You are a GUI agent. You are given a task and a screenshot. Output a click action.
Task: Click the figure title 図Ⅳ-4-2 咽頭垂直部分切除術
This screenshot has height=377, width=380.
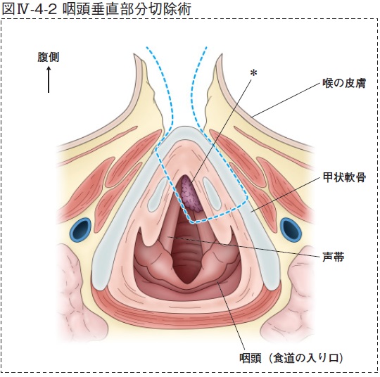96,9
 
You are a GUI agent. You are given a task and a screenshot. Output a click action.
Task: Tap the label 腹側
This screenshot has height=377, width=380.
49,57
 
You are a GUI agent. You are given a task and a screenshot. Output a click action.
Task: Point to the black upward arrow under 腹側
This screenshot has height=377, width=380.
49,80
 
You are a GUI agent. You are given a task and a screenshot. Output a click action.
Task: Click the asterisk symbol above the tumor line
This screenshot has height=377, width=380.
253,72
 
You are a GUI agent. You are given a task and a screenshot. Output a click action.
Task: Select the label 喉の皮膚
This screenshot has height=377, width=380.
344,83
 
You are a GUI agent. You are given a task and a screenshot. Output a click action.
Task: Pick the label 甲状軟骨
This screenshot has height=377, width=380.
344,177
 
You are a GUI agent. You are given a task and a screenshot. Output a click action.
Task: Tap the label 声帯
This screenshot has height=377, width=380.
334,257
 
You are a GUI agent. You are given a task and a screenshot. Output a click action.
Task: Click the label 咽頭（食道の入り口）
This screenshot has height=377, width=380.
291,358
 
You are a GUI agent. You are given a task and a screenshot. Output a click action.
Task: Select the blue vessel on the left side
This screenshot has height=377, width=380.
81,229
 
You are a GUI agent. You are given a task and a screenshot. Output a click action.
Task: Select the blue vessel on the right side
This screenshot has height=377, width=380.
291,229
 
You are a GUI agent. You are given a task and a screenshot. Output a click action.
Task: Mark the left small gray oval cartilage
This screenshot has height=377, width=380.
158,195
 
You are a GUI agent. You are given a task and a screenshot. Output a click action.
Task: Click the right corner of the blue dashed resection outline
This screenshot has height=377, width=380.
246,198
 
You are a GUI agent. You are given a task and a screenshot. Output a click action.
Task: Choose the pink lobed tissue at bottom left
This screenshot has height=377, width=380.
80,290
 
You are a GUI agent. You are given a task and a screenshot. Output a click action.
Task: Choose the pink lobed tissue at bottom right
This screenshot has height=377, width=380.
290,290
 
